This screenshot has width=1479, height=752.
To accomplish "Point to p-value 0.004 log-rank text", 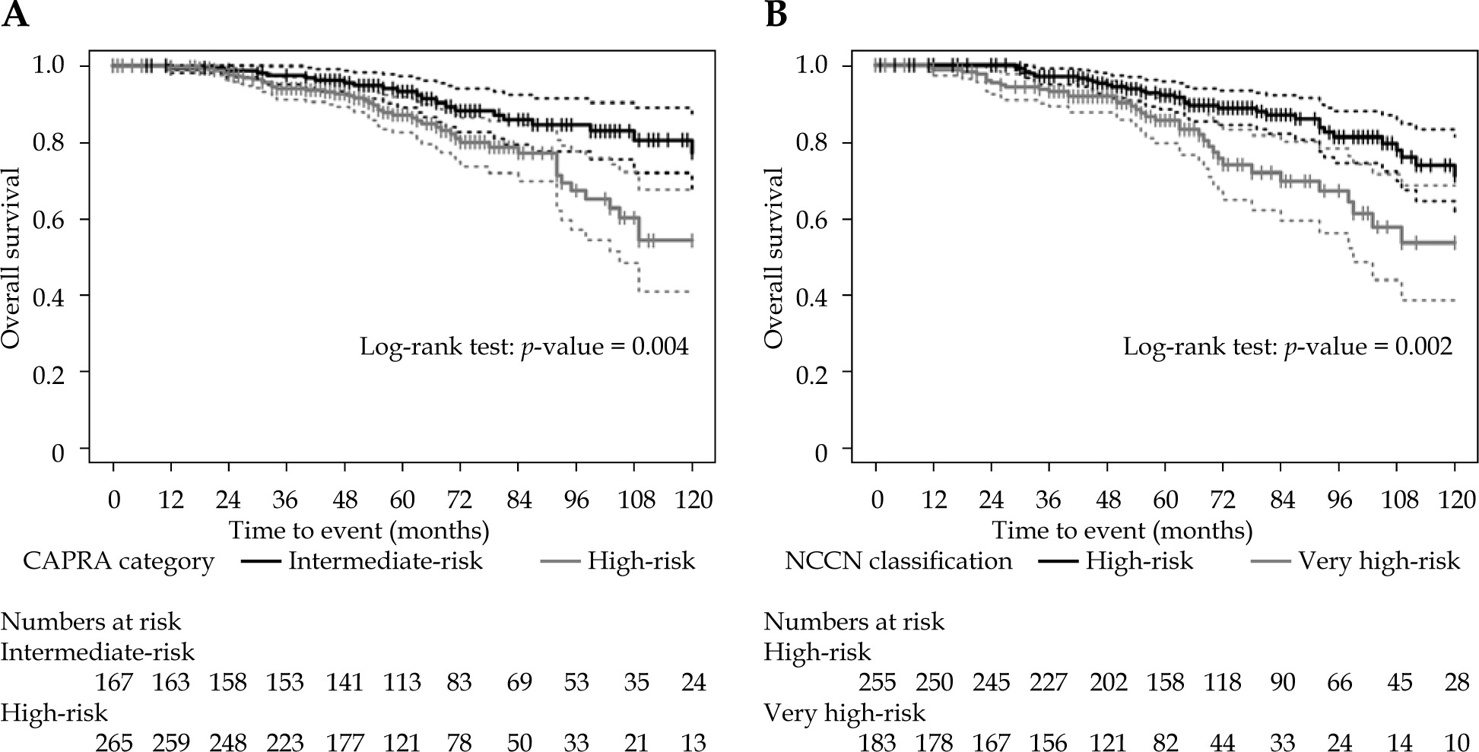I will [x=524, y=347].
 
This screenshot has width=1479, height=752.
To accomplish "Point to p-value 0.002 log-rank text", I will [x=1287, y=347].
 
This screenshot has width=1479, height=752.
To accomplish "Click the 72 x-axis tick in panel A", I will [x=460, y=500].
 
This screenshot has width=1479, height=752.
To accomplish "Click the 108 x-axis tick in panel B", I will [x=1399, y=500].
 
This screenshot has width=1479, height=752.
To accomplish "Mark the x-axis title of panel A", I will [x=359, y=529].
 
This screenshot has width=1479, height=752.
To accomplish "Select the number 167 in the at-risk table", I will [x=114, y=682].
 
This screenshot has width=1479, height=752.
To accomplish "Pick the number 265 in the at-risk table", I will [x=114, y=741].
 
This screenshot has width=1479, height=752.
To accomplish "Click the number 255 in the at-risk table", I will [x=877, y=682].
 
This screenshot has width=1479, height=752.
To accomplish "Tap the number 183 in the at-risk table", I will [x=877, y=741].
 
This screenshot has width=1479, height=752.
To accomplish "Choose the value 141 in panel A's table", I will [x=344, y=682].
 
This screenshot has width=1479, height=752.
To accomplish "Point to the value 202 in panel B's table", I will [x=1108, y=682].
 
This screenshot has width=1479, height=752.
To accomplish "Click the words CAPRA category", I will [x=119, y=561].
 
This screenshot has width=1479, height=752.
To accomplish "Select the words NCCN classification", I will [x=898, y=561].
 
